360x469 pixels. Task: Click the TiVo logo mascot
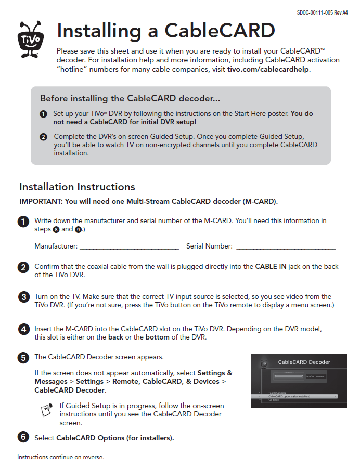pos(31,38)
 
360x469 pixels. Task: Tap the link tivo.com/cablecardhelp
pos(268,69)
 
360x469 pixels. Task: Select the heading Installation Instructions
pos(77,187)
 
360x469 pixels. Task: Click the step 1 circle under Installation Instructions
pos(23,222)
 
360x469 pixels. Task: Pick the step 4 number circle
pos(23,329)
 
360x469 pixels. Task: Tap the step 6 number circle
pos(23,437)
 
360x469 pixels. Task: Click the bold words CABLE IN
pos(271,266)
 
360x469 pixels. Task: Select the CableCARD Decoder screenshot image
pos(299,381)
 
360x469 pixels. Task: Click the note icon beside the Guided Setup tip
pos(47,410)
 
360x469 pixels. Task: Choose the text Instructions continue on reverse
pos(60,457)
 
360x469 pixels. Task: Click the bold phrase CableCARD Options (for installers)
pos(114,438)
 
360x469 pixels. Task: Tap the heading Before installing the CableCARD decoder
pos(123,98)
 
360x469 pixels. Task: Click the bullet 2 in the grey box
pos(43,137)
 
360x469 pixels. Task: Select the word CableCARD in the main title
pos(220,31)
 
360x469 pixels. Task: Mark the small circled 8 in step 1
pos(56,229)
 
